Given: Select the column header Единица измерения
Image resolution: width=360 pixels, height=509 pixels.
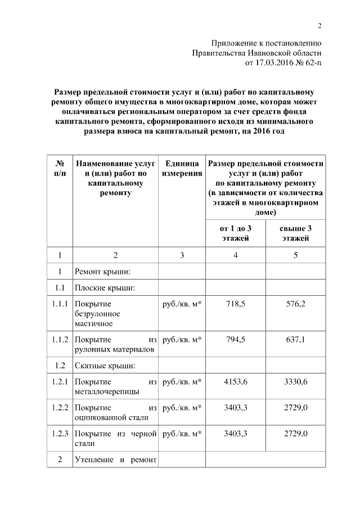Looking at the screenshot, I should tap(182, 168).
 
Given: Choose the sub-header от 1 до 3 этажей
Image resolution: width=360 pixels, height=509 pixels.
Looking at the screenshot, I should tap(235, 233).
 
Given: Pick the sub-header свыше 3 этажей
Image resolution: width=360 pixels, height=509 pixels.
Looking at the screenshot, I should tap(295, 233).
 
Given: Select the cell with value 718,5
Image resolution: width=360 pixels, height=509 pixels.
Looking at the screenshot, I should tap(235, 304).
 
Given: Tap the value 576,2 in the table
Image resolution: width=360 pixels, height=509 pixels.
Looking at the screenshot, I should tap(296, 304).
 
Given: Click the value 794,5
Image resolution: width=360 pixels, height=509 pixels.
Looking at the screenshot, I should tap(235, 340).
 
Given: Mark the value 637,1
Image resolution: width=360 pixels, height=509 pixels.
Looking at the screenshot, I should tap(296, 340).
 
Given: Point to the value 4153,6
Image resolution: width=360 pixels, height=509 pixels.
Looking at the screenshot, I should tap(235, 382).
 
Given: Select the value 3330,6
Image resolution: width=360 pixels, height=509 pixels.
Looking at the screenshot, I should tap(296, 382).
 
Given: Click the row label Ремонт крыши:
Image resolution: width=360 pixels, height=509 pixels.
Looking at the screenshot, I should tap(103, 272).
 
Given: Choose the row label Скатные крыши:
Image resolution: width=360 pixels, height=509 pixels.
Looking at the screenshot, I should tap(105, 366).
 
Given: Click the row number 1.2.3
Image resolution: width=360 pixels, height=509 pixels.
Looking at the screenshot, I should tap(60, 434).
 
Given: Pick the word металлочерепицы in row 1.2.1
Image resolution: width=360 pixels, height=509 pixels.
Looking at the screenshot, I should tap(107, 392).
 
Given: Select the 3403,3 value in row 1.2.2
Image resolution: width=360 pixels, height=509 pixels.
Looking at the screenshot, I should tap(235, 407).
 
